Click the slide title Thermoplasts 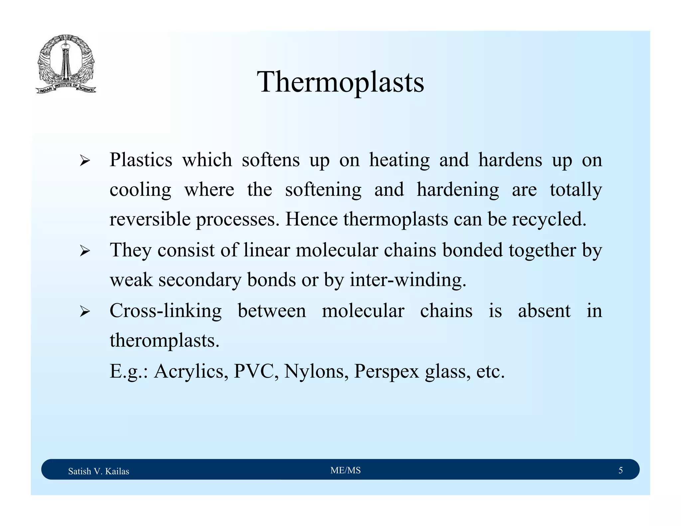coord(340,82)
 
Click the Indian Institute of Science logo coord(66,64)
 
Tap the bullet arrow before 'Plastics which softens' coord(85,162)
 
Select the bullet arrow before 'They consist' coord(85,252)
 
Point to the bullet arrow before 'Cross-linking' coord(85,312)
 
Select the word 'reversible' coord(150,219)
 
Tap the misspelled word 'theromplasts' coord(165,341)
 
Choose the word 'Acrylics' coord(191,371)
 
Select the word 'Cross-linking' coord(166,311)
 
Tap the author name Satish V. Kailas coord(98,471)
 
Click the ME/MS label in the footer coord(345,470)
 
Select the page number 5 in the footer coord(620,470)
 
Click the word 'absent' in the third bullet coord(544,311)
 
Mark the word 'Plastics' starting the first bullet coord(141,160)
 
